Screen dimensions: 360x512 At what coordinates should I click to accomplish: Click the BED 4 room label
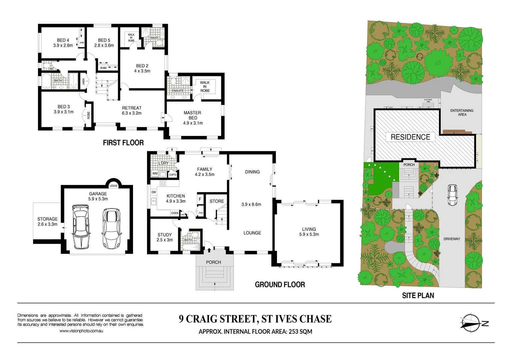pos(63,43)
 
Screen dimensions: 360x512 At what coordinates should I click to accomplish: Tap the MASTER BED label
pos(193,118)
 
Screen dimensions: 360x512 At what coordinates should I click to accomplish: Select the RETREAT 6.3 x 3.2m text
pos(132,110)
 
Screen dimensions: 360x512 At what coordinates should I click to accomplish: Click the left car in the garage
pos(81,227)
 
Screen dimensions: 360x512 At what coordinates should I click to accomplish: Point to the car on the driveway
pos(452,195)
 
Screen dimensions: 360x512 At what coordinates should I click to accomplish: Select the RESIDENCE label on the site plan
pos(410,137)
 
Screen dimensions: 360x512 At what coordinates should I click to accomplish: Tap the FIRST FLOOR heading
pos(123,143)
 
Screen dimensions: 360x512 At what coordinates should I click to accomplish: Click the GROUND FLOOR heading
pos(280,285)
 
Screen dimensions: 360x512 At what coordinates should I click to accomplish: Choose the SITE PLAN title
pos(418,295)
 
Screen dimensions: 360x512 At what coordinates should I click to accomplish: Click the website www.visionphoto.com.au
pos(81,331)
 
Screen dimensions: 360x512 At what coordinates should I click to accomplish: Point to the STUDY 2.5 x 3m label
pos(165,237)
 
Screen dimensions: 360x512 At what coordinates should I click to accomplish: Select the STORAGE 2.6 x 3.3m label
pos(47,221)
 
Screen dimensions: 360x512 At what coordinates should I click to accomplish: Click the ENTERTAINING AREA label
pos(462,112)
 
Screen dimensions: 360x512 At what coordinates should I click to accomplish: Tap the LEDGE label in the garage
pos(113,186)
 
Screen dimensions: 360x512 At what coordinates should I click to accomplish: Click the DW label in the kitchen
pos(154,192)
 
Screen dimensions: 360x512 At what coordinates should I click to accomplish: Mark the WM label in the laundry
pos(155,173)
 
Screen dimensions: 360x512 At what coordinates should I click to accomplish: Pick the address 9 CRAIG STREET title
pos(255,319)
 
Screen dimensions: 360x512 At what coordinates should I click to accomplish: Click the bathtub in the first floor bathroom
pos(46,81)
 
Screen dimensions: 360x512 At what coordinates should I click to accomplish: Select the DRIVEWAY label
pos(452,239)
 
